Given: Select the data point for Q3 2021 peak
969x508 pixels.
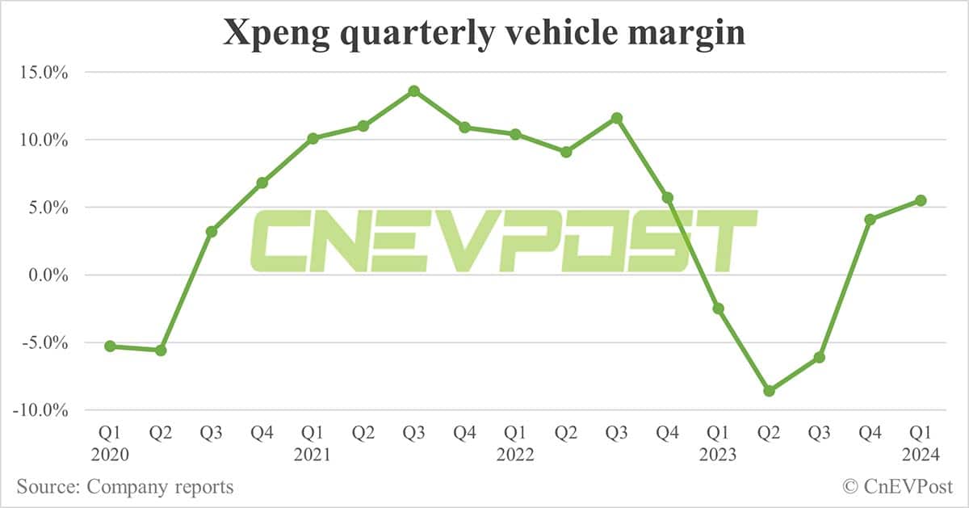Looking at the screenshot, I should pyautogui.click(x=413, y=90).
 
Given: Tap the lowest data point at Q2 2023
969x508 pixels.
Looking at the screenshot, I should pyautogui.click(x=769, y=391).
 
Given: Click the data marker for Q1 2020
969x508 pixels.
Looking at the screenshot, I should pyautogui.click(x=110, y=346).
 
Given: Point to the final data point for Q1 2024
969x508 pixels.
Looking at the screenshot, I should pyautogui.click(x=921, y=200).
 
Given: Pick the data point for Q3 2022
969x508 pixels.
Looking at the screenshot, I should pyautogui.click(x=617, y=118).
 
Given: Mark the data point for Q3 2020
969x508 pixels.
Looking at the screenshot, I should pyautogui.click(x=211, y=232).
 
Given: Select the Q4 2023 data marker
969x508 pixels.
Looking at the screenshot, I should pyautogui.click(x=870, y=220).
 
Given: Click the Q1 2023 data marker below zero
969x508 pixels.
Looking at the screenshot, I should pyautogui.click(x=718, y=309).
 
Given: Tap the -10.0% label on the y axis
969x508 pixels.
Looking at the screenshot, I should pyautogui.click(x=40, y=410).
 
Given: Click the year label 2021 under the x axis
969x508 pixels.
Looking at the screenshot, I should pyautogui.click(x=313, y=455).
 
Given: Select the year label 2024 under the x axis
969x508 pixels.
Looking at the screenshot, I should pyautogui.click(x=921, y=455).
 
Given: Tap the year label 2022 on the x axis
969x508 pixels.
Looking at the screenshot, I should pyautogui.click(x=515, y=455).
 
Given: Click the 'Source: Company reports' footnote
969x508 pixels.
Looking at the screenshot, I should pyautogui.click(x=124, y=487).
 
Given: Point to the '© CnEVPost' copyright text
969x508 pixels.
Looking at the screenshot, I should pyautogui.click(x=897, y=487).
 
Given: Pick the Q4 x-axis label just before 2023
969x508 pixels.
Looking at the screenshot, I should pyautogui.click(x=667, y=434).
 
